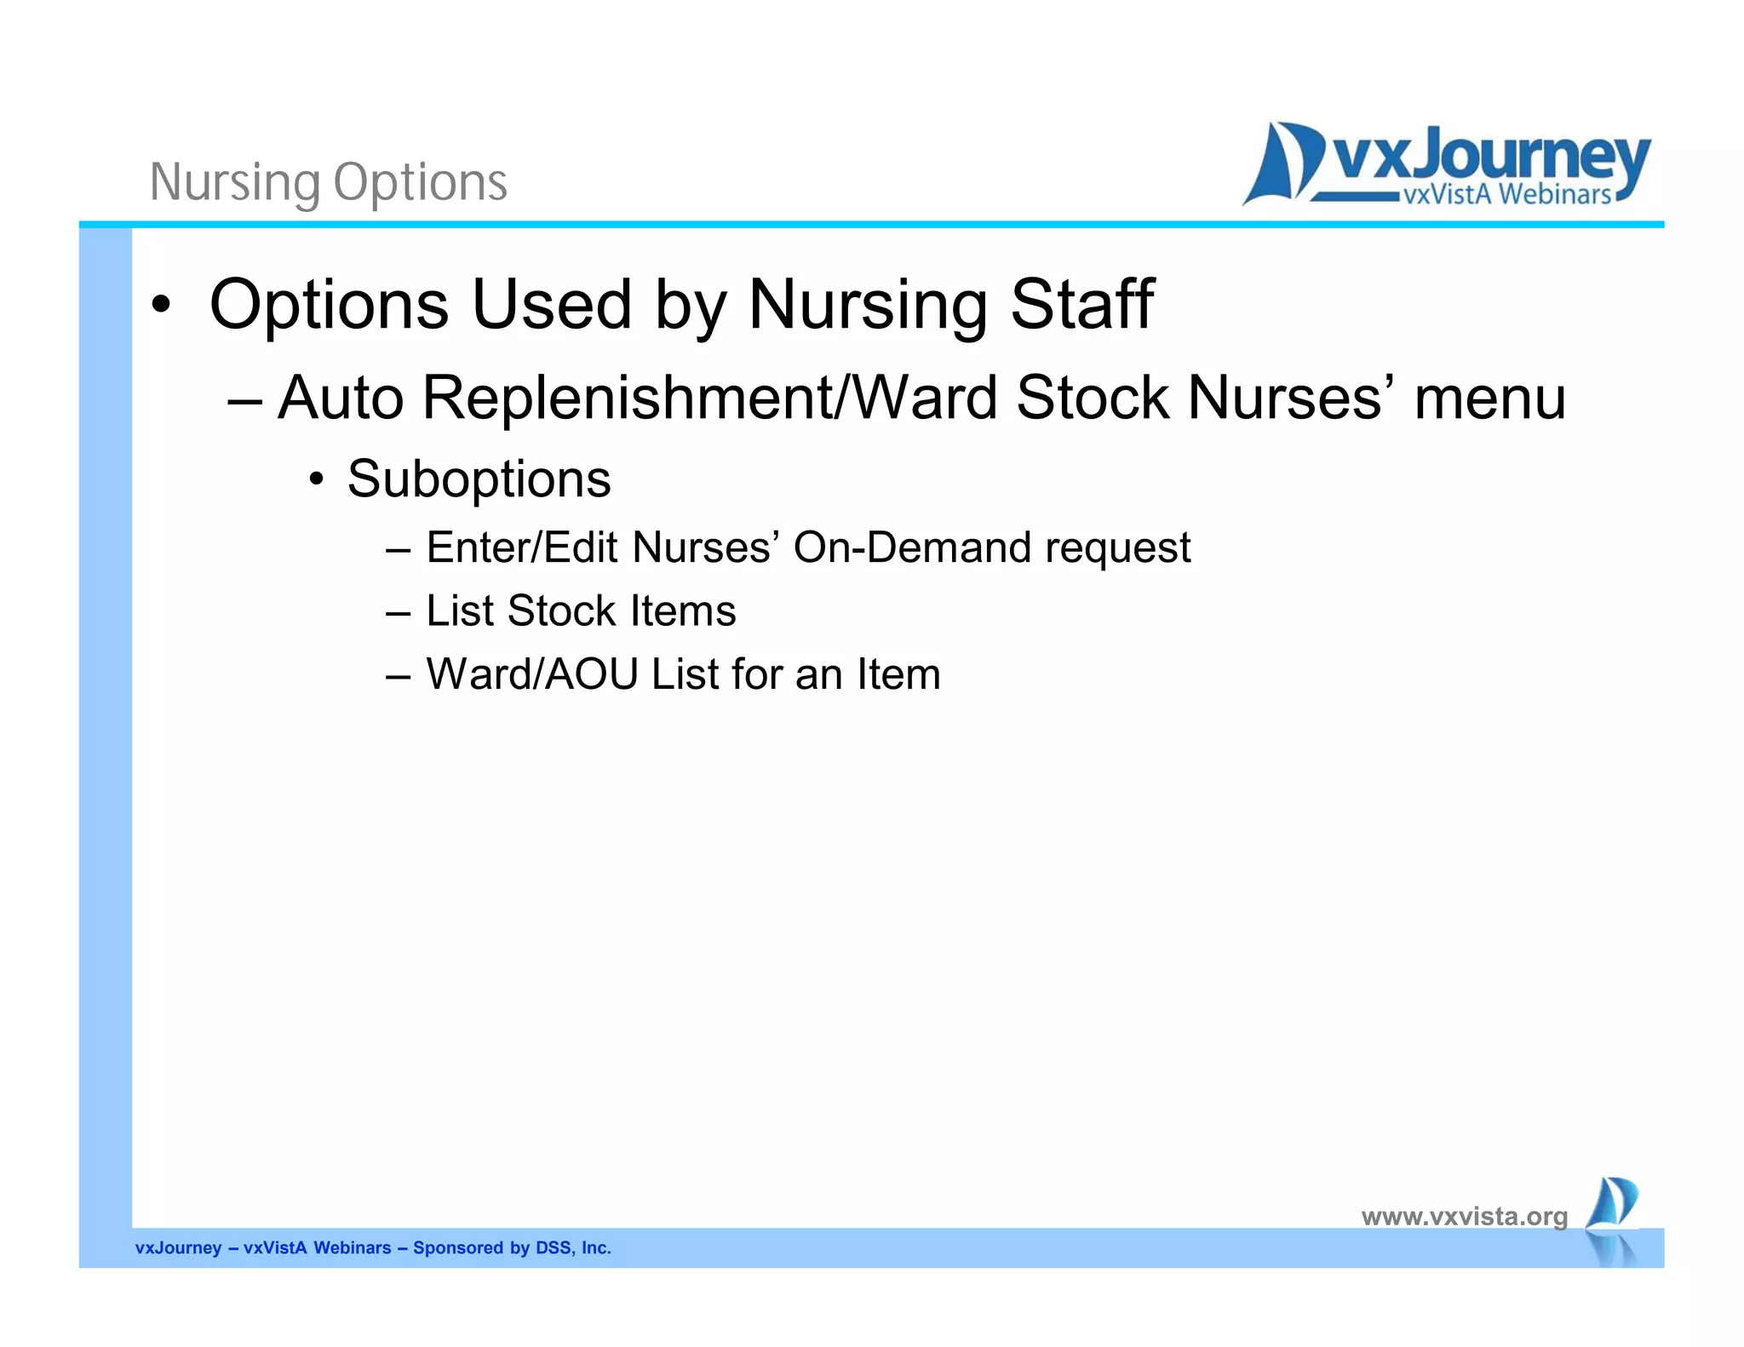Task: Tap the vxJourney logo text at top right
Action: point(1489,158)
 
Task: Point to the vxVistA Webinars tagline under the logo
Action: point(1506,195)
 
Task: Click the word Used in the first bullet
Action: point(551,304)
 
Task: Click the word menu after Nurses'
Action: point(1489,398)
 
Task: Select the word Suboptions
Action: point(479,479)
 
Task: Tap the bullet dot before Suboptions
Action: point(317,479)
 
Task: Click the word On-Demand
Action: point(912,547)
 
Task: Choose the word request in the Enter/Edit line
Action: point(1117,548)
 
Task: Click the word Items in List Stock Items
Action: point(683,610)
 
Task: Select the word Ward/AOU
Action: point(532,674)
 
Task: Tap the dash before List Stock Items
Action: point(398,612)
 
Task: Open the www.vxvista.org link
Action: point(1464,1216)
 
